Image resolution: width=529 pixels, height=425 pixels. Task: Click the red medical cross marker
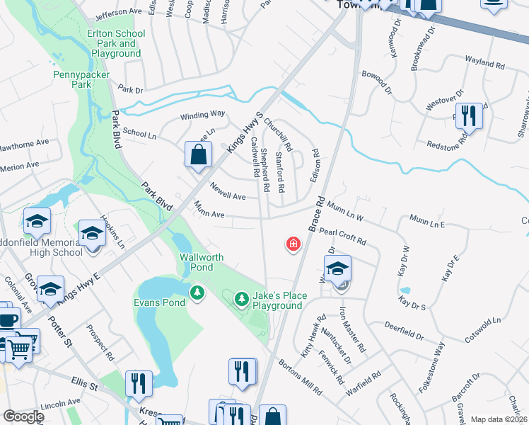click(x=292, y=245)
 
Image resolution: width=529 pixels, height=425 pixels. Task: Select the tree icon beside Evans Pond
click(x=197, y=291)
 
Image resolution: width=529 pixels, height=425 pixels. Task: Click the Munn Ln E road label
click(x=429, y=223)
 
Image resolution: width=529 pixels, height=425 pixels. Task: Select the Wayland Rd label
click(x=484, y=63)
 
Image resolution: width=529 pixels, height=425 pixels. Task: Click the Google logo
click(x=23, y=416)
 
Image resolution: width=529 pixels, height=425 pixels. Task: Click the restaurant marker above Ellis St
click(x=139, y=383)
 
